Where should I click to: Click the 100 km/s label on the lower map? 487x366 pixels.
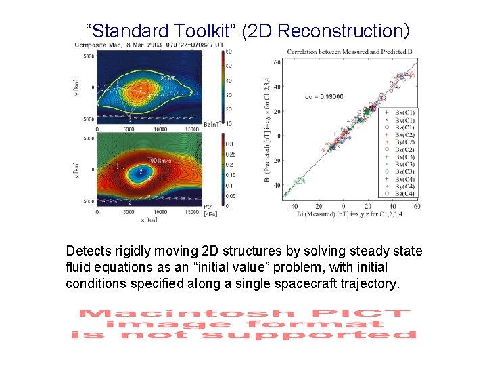[x=160, y=161]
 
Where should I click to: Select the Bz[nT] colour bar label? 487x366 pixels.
[x=213, y=123]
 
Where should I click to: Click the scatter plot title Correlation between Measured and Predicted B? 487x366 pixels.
[x=350, y=52]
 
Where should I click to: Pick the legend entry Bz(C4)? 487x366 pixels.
[x=404, y=193]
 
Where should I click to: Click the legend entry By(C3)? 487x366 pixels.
[x=404, y=164]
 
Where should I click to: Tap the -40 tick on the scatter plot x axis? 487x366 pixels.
[x=294, y=206]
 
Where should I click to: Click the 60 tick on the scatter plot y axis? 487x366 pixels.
[x=277, y=62]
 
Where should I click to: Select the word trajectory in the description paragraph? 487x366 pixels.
[x=371, y=282]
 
